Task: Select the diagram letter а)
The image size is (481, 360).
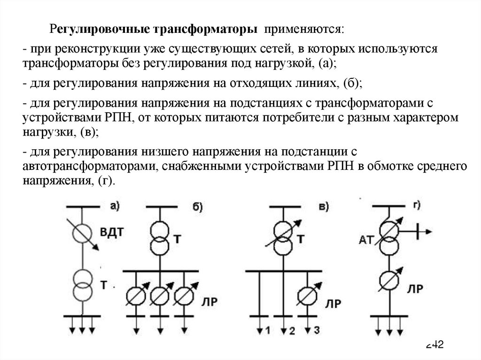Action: [115, 205]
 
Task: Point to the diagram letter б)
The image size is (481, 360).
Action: [198, 207]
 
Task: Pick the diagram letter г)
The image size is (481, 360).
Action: [414, 205]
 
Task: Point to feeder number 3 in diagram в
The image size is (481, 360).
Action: [316, 330]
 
